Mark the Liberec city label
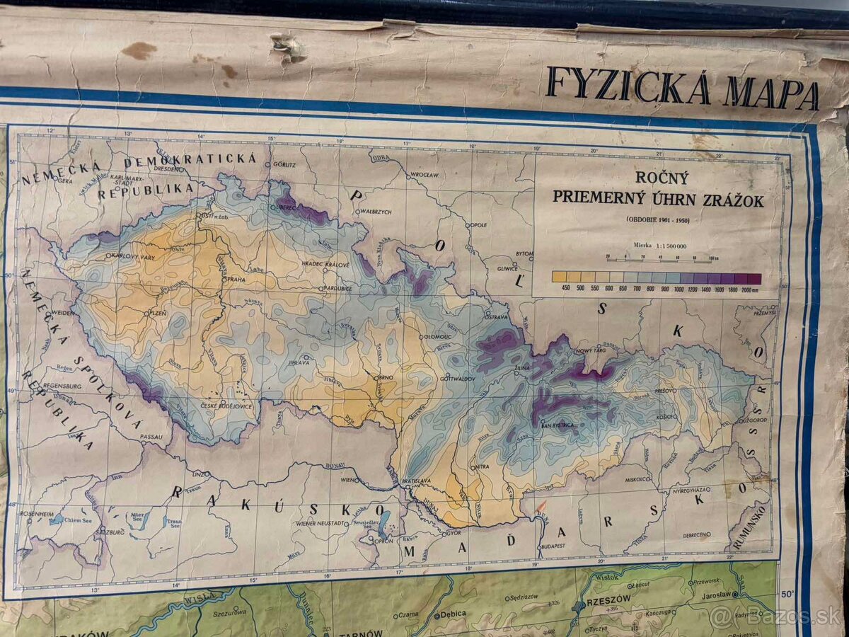(287, 207)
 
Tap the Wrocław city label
(425, 173)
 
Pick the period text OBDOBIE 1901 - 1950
(658, 219)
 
